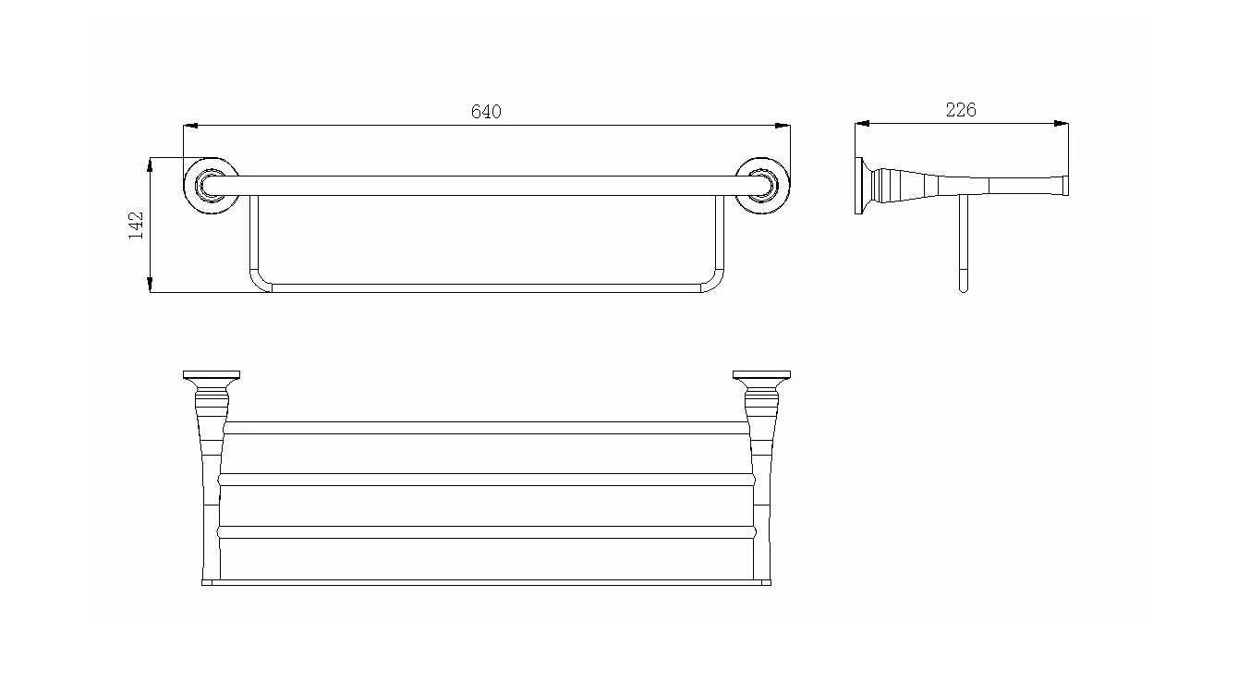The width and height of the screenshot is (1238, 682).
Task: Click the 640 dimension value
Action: (x=486, y=112)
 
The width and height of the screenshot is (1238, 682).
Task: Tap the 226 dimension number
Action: (x=961, y=110)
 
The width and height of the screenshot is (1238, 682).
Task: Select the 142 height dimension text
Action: (x=136, y=225)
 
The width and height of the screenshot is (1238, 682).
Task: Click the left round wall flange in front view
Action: (x=212, y=186)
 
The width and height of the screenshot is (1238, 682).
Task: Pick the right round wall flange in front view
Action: (x=763, y=186)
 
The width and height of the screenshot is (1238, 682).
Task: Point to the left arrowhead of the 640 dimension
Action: (x=190, y=126)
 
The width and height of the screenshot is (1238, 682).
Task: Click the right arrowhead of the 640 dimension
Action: (x=783, y=126)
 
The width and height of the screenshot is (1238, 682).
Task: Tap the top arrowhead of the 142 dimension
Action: (x=150, y=164)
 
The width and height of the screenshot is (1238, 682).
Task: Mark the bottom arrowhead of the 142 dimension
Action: (x=150, y=285)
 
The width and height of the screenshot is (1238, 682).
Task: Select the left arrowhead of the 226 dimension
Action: (x=862, y=123)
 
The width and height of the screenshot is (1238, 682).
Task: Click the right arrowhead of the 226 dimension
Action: (x=1062, y=123)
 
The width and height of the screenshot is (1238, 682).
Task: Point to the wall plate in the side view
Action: (x=858, y=186)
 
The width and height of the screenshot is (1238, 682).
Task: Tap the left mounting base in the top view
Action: (x=212, y=374)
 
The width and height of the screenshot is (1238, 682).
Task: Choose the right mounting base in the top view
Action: (x=761, y=374)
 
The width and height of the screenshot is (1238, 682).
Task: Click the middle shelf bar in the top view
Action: (x=486, y=480)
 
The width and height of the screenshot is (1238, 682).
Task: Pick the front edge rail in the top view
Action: (x=486, y=582)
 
